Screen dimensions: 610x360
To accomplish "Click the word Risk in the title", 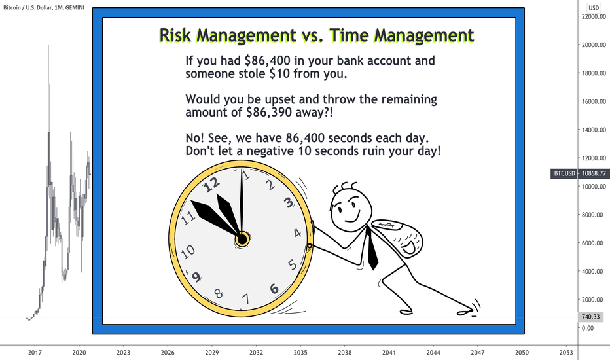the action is pyautogui.click(x=175, y=35).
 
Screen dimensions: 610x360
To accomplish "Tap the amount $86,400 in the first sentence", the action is pyautogui.click(x=268, y=61).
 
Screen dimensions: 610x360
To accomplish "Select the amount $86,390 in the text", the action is pyautogui.click(x=269, y=113).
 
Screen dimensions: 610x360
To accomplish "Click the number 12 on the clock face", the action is pyautogui.click(x=211, y=184).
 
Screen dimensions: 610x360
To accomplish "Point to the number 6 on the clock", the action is pyautogui.click(x=274, y=289).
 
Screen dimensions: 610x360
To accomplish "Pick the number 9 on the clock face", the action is pyautogui.click(x=196, y=277).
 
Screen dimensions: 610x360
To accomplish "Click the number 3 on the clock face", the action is pyautogui.click(x=288, y=202).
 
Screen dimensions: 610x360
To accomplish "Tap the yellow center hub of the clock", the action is pyautogui.click(x=242, y=240).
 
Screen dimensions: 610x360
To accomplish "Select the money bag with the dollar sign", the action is pyautogui.click(x=397, y=238).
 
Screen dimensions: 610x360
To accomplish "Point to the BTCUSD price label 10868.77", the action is pyautogui.click(x=580, y=173).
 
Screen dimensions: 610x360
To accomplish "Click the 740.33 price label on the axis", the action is pyautogui.click(x=590, y=317).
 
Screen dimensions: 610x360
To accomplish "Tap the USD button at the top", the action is pyautogui.click(x=594, y=7).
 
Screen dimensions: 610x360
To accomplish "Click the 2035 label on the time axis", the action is pyautogui.click(x=300, y=353).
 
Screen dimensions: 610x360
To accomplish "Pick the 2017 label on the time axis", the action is pyautogui.click(x=35, y=353).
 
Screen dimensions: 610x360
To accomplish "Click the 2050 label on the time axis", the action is pyautogui.click(x=522, y=353).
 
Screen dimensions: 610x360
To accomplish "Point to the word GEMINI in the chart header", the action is pyautogui.click(x=75, y=7).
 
